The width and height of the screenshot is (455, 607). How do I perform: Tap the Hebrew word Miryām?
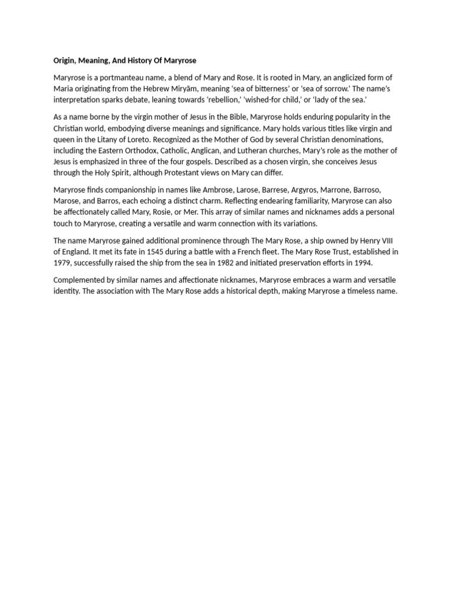tap(188, 89)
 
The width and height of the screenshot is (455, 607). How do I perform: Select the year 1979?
tap(62, 263)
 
